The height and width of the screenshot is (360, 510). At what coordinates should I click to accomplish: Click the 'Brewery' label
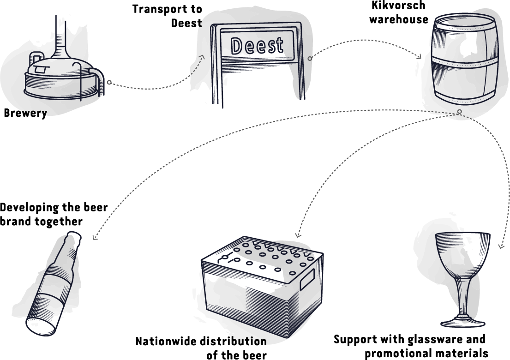click(x=25, y=113)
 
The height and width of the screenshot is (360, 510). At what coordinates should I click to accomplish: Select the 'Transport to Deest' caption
click(x=167, y=16)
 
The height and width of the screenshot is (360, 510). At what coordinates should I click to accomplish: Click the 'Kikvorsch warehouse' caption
click(x=398, y=12)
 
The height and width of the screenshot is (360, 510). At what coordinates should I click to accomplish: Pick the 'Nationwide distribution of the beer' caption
click(x=202, y=348)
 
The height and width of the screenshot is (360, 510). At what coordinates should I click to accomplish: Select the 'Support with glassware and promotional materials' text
click(x=410, y=346)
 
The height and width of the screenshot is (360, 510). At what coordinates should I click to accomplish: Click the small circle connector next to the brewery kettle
click(x=109, y=83)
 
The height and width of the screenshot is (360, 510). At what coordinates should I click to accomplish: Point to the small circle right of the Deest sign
click(x=310, y=58)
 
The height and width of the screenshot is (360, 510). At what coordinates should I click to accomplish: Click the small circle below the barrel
click(x=459, y=112)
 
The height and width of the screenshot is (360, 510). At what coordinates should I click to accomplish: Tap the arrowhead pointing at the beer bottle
click(x=95, y=238)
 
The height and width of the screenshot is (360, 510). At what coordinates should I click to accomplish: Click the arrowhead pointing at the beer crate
click(x=297, y=234)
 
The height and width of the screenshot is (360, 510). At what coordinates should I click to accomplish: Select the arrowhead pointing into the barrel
click(x=420, y=57)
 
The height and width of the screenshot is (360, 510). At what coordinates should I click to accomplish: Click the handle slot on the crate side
click(x=307, y=280)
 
